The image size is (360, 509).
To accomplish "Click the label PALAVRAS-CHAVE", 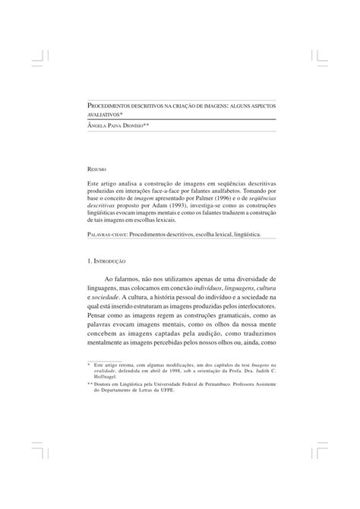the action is click(107, 235).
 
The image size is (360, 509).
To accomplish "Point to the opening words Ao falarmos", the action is click(121, 281).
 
